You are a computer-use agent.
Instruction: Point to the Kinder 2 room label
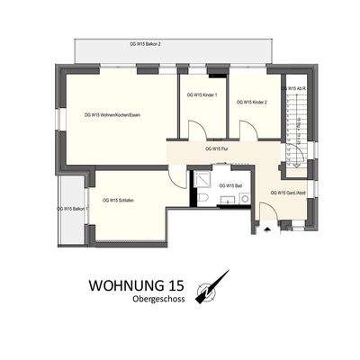pyautogui.click(x=253, y=103)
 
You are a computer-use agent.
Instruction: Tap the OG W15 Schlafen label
pyautogui.click(x=120, y=200)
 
